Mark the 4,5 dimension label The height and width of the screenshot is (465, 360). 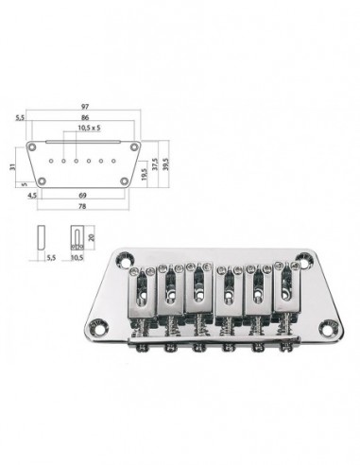pyautogui.click(x=32, y=194)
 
